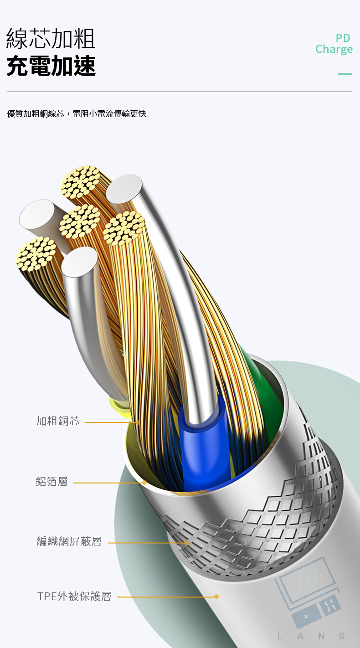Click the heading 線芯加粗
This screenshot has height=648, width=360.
click(x=51, y=38)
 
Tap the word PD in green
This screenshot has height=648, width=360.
click(x=343, y=38)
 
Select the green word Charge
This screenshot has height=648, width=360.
click(x=334, y=49)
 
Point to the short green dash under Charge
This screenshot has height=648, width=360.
click(x=345, y=74)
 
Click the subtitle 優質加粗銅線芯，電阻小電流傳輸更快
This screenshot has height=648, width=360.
click(x=77, y=113)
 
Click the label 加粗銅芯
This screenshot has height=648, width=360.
click(x=58, y=421)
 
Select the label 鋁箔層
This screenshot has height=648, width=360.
click(x=51, y=482)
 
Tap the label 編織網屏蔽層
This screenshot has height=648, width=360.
click(x=69, y=542)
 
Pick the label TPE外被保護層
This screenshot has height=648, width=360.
click(x=74, y=597)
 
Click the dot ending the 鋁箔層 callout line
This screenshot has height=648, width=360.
click(x=144, y=482)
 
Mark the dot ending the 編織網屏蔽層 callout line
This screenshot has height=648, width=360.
click(x=186, y=543)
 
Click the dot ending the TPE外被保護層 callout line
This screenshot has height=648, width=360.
click(x=216, y=597)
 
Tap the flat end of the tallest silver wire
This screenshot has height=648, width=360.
click(x=124, y=188)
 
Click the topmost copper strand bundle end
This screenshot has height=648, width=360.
click(x=81, y=181)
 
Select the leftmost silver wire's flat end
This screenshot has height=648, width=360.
click(x=37, y=214)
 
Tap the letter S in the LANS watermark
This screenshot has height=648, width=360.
click(x=341, y=636)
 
